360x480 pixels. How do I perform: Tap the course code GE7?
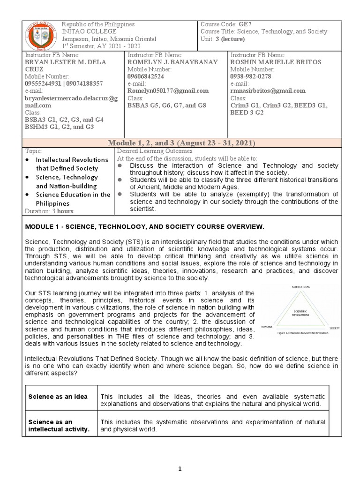pos(246,24)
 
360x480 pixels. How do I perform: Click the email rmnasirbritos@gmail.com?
pos(268,91)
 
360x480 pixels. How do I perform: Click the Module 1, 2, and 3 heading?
pos(180,143)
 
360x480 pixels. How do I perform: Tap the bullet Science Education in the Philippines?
pos(73,199)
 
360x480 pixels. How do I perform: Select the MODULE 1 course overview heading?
pos(144,227)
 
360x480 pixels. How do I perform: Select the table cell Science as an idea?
pos(58,397)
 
